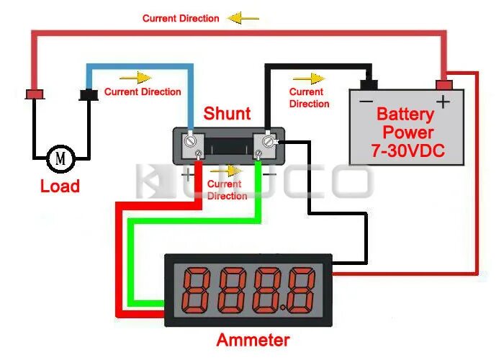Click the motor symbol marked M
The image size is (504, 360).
[60, 157]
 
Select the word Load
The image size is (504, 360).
[59, 186]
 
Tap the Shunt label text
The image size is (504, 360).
[227, 114]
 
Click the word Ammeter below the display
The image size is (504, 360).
[253, 341]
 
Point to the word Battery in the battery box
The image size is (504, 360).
[405, 114]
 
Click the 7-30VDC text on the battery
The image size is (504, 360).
[408, 151]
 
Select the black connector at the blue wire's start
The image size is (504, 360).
[89, 94]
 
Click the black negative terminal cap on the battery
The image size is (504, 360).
[369, 84]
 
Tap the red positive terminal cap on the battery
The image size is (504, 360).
[444, 84]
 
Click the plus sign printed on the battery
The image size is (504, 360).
[443, 102]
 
